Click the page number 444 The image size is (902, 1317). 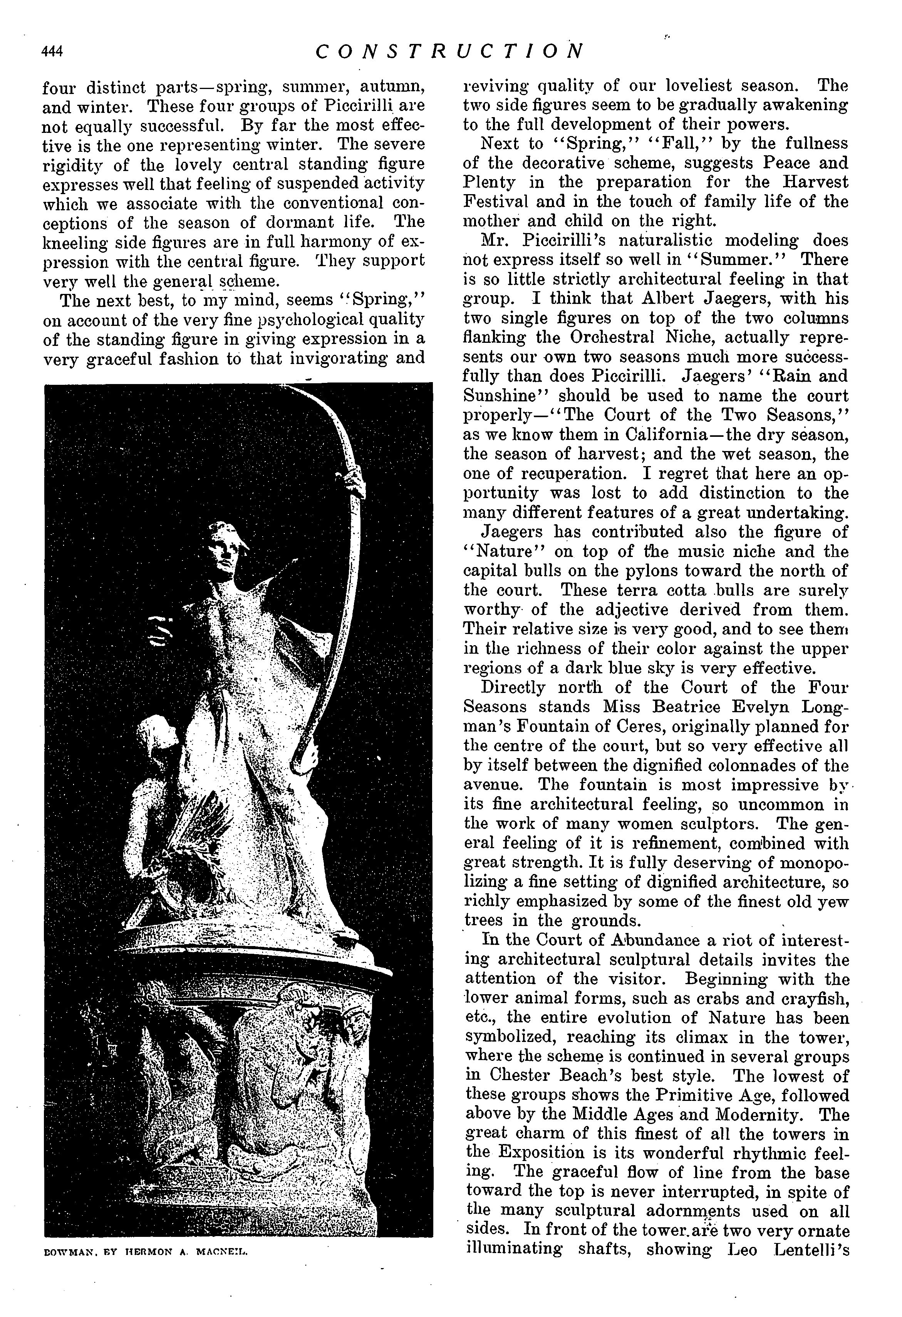click(x=52, y=52)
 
